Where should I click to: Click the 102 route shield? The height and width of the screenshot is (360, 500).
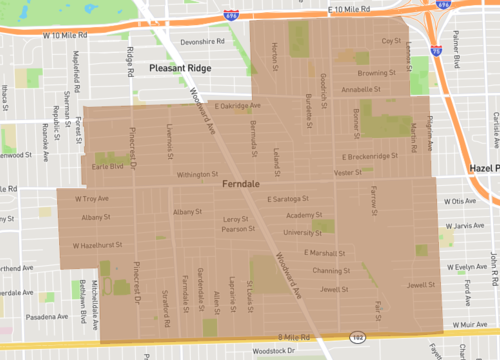(x=356, y=338)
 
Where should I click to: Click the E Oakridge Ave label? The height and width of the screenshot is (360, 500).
(x=237, y=105)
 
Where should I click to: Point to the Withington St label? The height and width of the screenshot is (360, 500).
(x=197, y=174)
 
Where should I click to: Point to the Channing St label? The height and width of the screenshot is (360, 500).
(x=327, y=270)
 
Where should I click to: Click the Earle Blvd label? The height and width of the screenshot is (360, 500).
(x=107, y=167)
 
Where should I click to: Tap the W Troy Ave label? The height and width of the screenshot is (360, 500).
(x=92, y=199)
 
